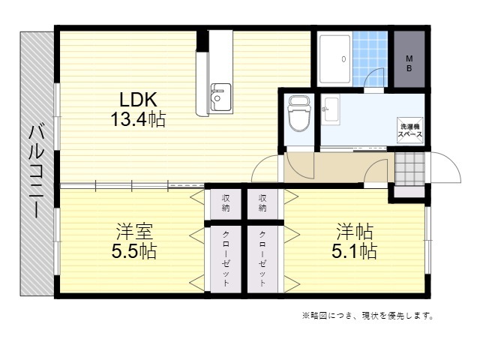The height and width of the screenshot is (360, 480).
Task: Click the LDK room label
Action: tap(138, 99)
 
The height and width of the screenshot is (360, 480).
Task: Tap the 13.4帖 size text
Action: tap(138, 119)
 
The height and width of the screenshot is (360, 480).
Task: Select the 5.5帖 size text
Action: tap(133, 251)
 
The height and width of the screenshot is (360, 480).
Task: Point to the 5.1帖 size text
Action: tap(354, 251)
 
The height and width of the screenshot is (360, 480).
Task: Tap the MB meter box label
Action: tap(409, 63)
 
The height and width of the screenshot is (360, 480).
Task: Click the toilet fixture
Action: tap(299, 113)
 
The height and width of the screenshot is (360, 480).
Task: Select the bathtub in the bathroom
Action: tap(334, 59)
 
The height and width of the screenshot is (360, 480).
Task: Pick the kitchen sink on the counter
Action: tap(220, 97)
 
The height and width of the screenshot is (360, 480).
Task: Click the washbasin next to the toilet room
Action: tap(331, 109)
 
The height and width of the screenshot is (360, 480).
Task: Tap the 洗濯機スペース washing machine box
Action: tap(410, 130)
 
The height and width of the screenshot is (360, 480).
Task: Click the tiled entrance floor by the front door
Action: tap(409, 169)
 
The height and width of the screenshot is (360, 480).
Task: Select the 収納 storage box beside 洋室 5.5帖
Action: tap(226, 204)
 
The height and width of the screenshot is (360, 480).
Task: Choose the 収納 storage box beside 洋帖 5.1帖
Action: tap(262, 204)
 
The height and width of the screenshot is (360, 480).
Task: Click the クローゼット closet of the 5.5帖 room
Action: tap(226, 259)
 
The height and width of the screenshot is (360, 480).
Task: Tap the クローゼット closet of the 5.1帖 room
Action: tap(262, 259)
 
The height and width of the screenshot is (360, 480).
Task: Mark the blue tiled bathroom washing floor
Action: tap(370, 58)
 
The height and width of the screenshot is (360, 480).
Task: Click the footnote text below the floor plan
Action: tap(367, 315)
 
